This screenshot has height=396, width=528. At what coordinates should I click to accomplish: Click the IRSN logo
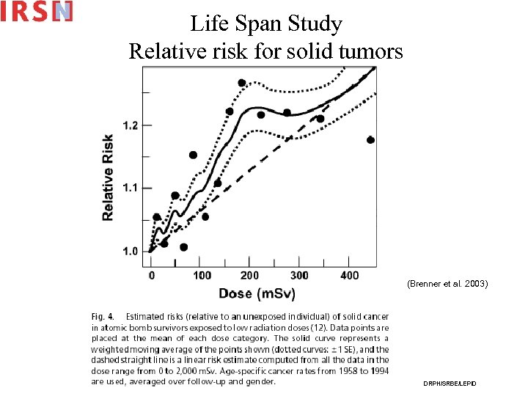37,11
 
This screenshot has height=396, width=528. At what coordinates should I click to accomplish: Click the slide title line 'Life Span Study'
266,24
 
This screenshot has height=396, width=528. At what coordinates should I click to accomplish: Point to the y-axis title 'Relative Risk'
108,177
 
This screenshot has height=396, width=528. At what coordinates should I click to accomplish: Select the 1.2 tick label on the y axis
129,125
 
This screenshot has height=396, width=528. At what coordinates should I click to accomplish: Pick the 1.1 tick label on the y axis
129,188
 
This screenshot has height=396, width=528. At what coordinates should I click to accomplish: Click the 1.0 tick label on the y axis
129,252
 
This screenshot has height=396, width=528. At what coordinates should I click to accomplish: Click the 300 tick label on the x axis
300,275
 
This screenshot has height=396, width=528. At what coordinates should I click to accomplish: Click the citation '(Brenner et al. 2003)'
447,283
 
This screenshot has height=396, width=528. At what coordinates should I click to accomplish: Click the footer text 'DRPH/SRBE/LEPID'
449,384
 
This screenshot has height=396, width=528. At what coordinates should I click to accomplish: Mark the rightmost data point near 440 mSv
370,140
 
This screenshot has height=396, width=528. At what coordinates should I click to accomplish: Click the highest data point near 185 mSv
242,83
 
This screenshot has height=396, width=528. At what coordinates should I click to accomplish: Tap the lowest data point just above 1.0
183,247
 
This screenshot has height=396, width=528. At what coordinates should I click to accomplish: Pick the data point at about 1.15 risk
193,155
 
